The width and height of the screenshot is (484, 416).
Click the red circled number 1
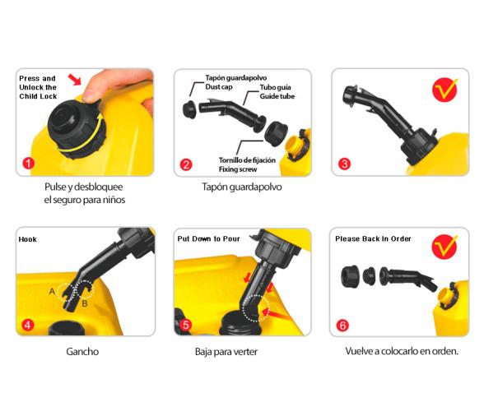tap(28, 163)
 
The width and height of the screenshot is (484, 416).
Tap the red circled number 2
tap(186, 164)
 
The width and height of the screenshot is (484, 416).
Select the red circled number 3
tap(344, 164)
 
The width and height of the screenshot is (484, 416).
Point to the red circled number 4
tap(28, 325)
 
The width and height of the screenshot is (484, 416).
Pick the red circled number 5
tap(185, 325)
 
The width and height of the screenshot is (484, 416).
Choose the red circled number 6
tap(342, 326)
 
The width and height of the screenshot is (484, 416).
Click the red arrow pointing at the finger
tap(75, 79)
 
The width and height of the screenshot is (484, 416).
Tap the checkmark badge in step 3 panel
tap(444, 90)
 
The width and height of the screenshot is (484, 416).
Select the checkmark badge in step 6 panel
tap(444, 247)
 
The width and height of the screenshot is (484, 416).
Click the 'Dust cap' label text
tap(219, 87)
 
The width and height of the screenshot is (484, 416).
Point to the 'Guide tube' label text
tap(277, 96)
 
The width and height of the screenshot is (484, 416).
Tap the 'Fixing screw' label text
tap(238, 169)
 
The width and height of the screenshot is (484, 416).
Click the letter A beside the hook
tap(52, 291)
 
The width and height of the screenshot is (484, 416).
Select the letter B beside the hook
tap(85, 303)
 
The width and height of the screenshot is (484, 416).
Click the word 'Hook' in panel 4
tap(27, 239)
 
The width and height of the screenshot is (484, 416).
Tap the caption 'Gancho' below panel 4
tap(82, 352)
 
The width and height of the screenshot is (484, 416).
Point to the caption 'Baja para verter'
tap(226, 352)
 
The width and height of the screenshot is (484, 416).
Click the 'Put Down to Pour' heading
tap(209, 238)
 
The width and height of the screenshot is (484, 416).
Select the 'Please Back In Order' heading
tap(373, 238)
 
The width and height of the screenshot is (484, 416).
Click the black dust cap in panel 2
tap(189, 109)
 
